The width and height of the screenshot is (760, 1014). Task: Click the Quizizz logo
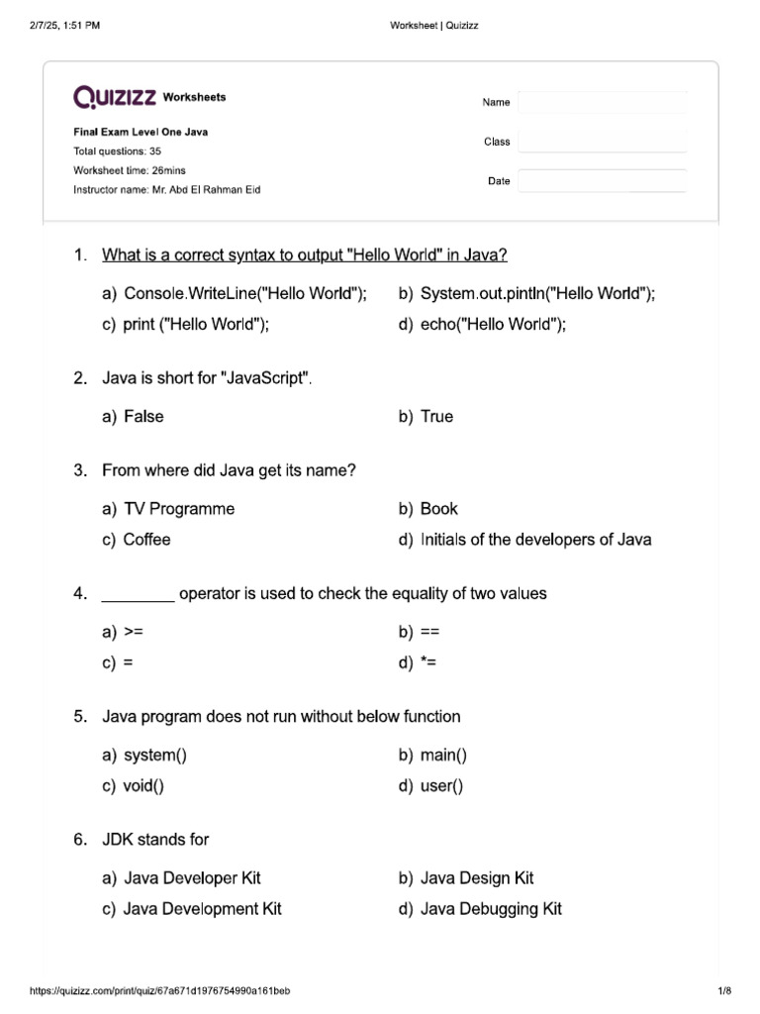pos(115,97)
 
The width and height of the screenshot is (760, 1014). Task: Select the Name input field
pos(602,102)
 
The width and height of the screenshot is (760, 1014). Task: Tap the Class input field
pos(602,142)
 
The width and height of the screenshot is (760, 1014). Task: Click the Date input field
pos(602,181)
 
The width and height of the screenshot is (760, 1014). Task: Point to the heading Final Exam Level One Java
pos(141,132)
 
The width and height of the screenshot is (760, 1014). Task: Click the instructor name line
pos(167,189)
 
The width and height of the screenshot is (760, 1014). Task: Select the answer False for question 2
pos(143,417)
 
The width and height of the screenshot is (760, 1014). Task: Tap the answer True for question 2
pos(436,417)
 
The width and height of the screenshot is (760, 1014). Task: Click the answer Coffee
pos(146,540)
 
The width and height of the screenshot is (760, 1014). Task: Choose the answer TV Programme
pos(179,509)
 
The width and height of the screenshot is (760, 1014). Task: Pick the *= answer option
pos(429,662)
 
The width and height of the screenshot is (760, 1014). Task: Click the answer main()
pos(443,756)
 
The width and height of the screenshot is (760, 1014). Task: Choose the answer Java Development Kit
pos(202,909)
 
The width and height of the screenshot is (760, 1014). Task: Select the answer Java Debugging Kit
pos(491,909)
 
